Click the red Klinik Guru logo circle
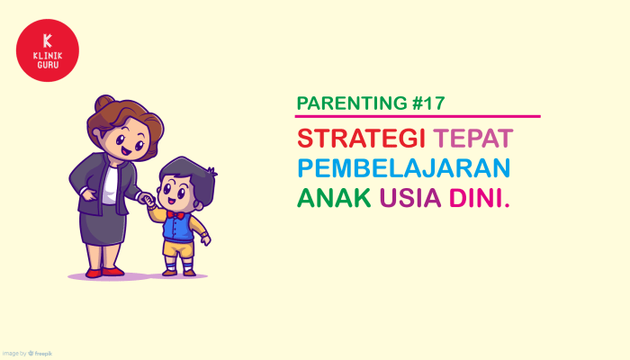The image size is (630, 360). point(48,50)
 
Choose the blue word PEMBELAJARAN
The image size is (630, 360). point(404,168)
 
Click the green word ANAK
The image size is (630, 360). point(333,197)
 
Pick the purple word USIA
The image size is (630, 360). point(409,197)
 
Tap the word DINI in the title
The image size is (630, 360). point(479,197)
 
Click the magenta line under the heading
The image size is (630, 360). point(418,116)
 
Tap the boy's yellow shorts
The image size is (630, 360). point(179,247)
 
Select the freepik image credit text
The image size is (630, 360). point(26,354)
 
